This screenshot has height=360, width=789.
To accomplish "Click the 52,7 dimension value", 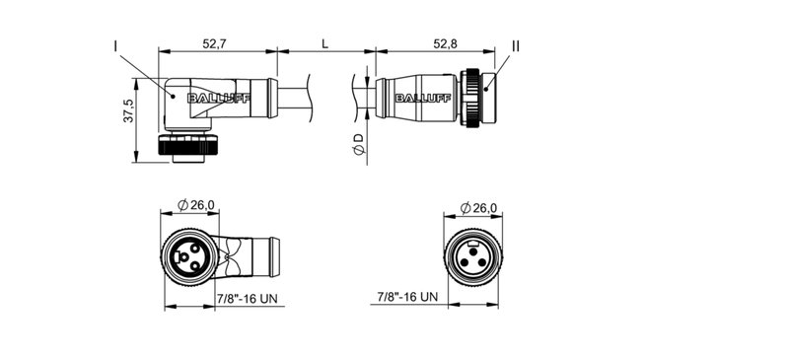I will (x=215, y=44).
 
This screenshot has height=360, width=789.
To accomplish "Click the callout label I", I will (x=116, y=46).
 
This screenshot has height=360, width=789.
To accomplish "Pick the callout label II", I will (x=515, y=45).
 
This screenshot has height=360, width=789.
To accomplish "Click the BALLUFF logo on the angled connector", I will (x=224, y=97).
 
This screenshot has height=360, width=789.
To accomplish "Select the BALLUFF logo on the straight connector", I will (x=419, y=97).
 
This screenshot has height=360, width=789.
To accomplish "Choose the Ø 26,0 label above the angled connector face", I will (x=195, y=205).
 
